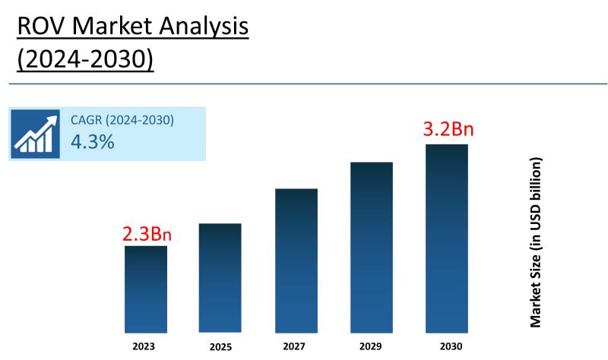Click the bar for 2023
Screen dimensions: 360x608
[x=146, y=289]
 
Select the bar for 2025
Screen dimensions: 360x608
[x=220, y=277]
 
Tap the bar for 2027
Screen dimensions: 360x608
[x=296, y=260]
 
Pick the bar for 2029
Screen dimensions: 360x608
[x=371, y=247]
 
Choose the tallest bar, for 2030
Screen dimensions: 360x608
[x=446, y=238]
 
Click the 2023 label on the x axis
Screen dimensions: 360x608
[x=143, y=346]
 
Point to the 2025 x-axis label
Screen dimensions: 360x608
[x=220, y=346]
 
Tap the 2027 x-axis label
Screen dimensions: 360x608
[x=296, y=346]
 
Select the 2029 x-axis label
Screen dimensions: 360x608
[x=371, y=346]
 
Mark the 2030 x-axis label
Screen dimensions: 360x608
[x=445, y=346]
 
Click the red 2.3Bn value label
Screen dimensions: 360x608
[x=147, y=234]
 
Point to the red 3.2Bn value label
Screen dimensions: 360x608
[x=447, y=129]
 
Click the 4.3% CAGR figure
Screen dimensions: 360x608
[x=92, y=141]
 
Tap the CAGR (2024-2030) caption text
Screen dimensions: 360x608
[x=122, y=120]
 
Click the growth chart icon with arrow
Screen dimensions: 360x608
[x=36, y=134]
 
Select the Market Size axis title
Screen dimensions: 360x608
[x=537, y=243]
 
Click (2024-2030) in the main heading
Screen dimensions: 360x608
[x=84, y=59]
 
